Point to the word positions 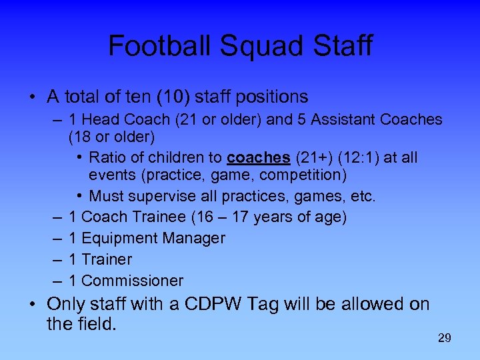[270, 97]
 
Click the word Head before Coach [101, 120]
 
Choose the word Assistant [342, 120]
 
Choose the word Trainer [107, 259]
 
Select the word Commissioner [132, 281]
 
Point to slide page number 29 [444, 339]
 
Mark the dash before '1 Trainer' [53, 259]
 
